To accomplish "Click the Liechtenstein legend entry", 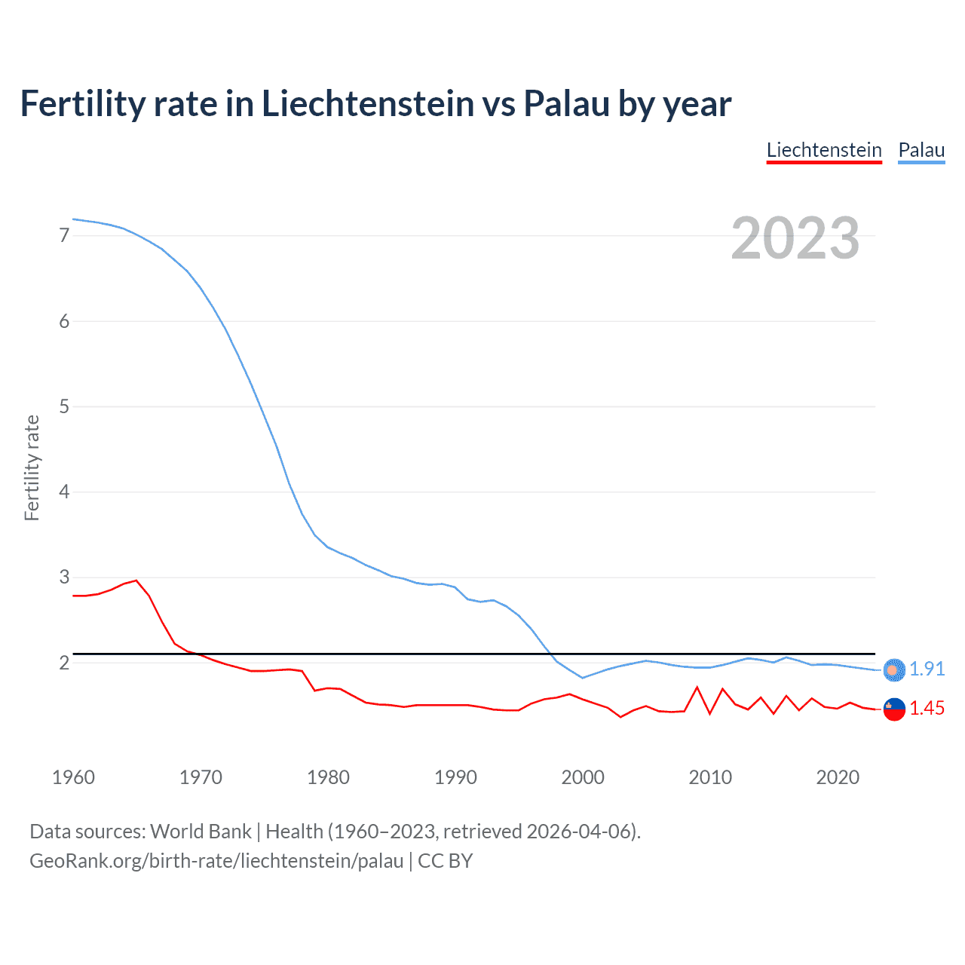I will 824,150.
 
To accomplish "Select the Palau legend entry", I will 921,150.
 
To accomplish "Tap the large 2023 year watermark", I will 795,238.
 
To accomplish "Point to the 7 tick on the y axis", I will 64,236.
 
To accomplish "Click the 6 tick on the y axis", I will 64,321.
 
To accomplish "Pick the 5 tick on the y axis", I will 64,406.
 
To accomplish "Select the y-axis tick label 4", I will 64,492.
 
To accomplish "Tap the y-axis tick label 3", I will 64,577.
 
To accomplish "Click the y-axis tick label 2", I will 64,663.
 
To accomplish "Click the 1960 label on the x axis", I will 73,777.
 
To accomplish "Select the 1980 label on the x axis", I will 328,777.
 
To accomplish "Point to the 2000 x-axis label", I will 583,777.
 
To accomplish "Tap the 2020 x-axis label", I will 838,777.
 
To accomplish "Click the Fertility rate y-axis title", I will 32,467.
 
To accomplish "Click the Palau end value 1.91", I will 927,669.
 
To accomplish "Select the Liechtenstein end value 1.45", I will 927,708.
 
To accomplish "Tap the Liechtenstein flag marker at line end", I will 894,709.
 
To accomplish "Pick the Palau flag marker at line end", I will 894,669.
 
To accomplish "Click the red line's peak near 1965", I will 136,581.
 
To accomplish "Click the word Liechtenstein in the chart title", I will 367,103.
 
